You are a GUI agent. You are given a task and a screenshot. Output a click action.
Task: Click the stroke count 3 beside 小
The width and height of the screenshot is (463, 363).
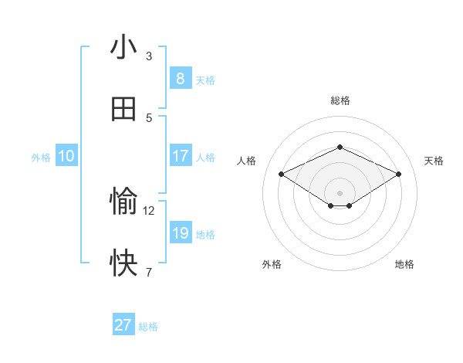[149, 56]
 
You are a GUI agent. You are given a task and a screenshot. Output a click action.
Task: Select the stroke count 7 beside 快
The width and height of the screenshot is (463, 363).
[149, 272]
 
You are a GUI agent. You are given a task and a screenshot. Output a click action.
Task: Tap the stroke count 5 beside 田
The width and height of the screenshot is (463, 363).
[149, 117]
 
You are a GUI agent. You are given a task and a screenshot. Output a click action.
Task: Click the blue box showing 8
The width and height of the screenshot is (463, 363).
[180, 78]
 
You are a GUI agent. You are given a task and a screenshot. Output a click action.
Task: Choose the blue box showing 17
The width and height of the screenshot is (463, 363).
[180, 156]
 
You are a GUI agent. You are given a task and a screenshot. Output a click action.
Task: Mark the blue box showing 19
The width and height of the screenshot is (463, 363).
[180, 233]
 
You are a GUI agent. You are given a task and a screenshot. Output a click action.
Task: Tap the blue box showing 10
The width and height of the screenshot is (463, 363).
[66, 156]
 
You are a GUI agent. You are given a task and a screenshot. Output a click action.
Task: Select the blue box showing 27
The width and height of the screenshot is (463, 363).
[123, 325]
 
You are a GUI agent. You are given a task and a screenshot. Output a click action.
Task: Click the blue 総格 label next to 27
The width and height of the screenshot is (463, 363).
[148, 327]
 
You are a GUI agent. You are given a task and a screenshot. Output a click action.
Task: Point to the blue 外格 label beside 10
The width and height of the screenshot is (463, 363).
[41, 158]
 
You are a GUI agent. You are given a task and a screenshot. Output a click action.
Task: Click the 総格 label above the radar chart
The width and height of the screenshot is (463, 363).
[340, 100]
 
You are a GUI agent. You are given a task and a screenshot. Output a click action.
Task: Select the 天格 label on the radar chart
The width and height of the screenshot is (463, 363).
[434, 161]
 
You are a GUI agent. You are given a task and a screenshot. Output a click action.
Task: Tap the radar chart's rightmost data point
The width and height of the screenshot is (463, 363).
[398, 174]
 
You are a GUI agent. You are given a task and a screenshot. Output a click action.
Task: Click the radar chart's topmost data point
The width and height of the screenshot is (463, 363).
[340, 147]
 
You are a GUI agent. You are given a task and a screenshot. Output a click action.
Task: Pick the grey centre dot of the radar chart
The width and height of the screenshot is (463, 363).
[340, 192]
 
